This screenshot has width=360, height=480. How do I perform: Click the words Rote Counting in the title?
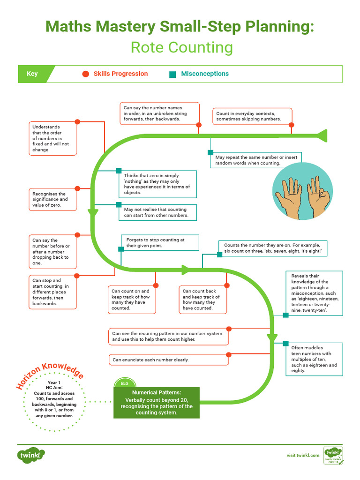(181, 47)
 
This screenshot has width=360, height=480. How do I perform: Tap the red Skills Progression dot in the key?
(85, 74)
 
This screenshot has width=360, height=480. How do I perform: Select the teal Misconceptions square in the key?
(172, 74)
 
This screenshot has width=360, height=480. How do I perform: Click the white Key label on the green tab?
(32, 74)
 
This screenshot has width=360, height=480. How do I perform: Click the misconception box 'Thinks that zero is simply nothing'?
(157, 184)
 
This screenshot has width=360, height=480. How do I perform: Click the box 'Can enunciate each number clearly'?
(169, 360)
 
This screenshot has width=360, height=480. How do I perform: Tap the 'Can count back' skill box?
(203, 300)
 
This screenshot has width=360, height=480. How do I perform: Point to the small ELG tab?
(125, 383)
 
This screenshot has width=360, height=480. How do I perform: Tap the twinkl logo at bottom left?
(31, 454)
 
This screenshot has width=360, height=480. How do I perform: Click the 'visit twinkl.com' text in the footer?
(303, 455)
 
